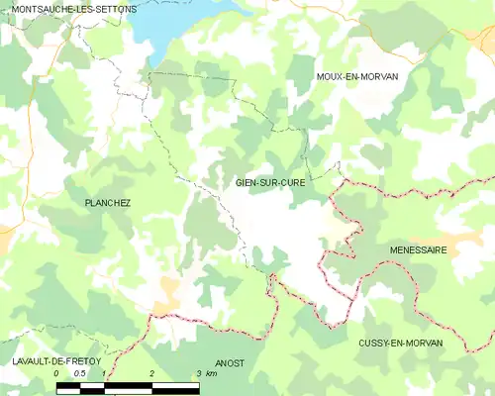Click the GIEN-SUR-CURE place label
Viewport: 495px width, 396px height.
pyautogui.click(x=269, y=182)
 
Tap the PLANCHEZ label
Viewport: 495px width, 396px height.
pyautogui.click(x=108, y=203)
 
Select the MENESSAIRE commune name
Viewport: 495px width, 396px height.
pyautogui.click(x=418, y=250)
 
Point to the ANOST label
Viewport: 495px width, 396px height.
pyautogui.click(x=230, y=363)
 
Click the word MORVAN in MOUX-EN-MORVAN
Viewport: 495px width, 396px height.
pyautogui.click(x=389, y=76)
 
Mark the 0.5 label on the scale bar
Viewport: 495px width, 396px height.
pyautogui.click(x=80, y=374)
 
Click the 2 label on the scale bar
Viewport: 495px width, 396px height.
pyautogui.click(x=151, y=374)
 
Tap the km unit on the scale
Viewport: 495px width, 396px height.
pyautogui.click(x=212, y=374)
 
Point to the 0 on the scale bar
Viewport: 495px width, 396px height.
pyautogui.click(x=57, y=374)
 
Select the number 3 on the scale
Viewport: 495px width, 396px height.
pyautogui.click(x=199, y=374)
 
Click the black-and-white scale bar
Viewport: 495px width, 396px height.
pyautogui.click(x=129, y=385)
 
